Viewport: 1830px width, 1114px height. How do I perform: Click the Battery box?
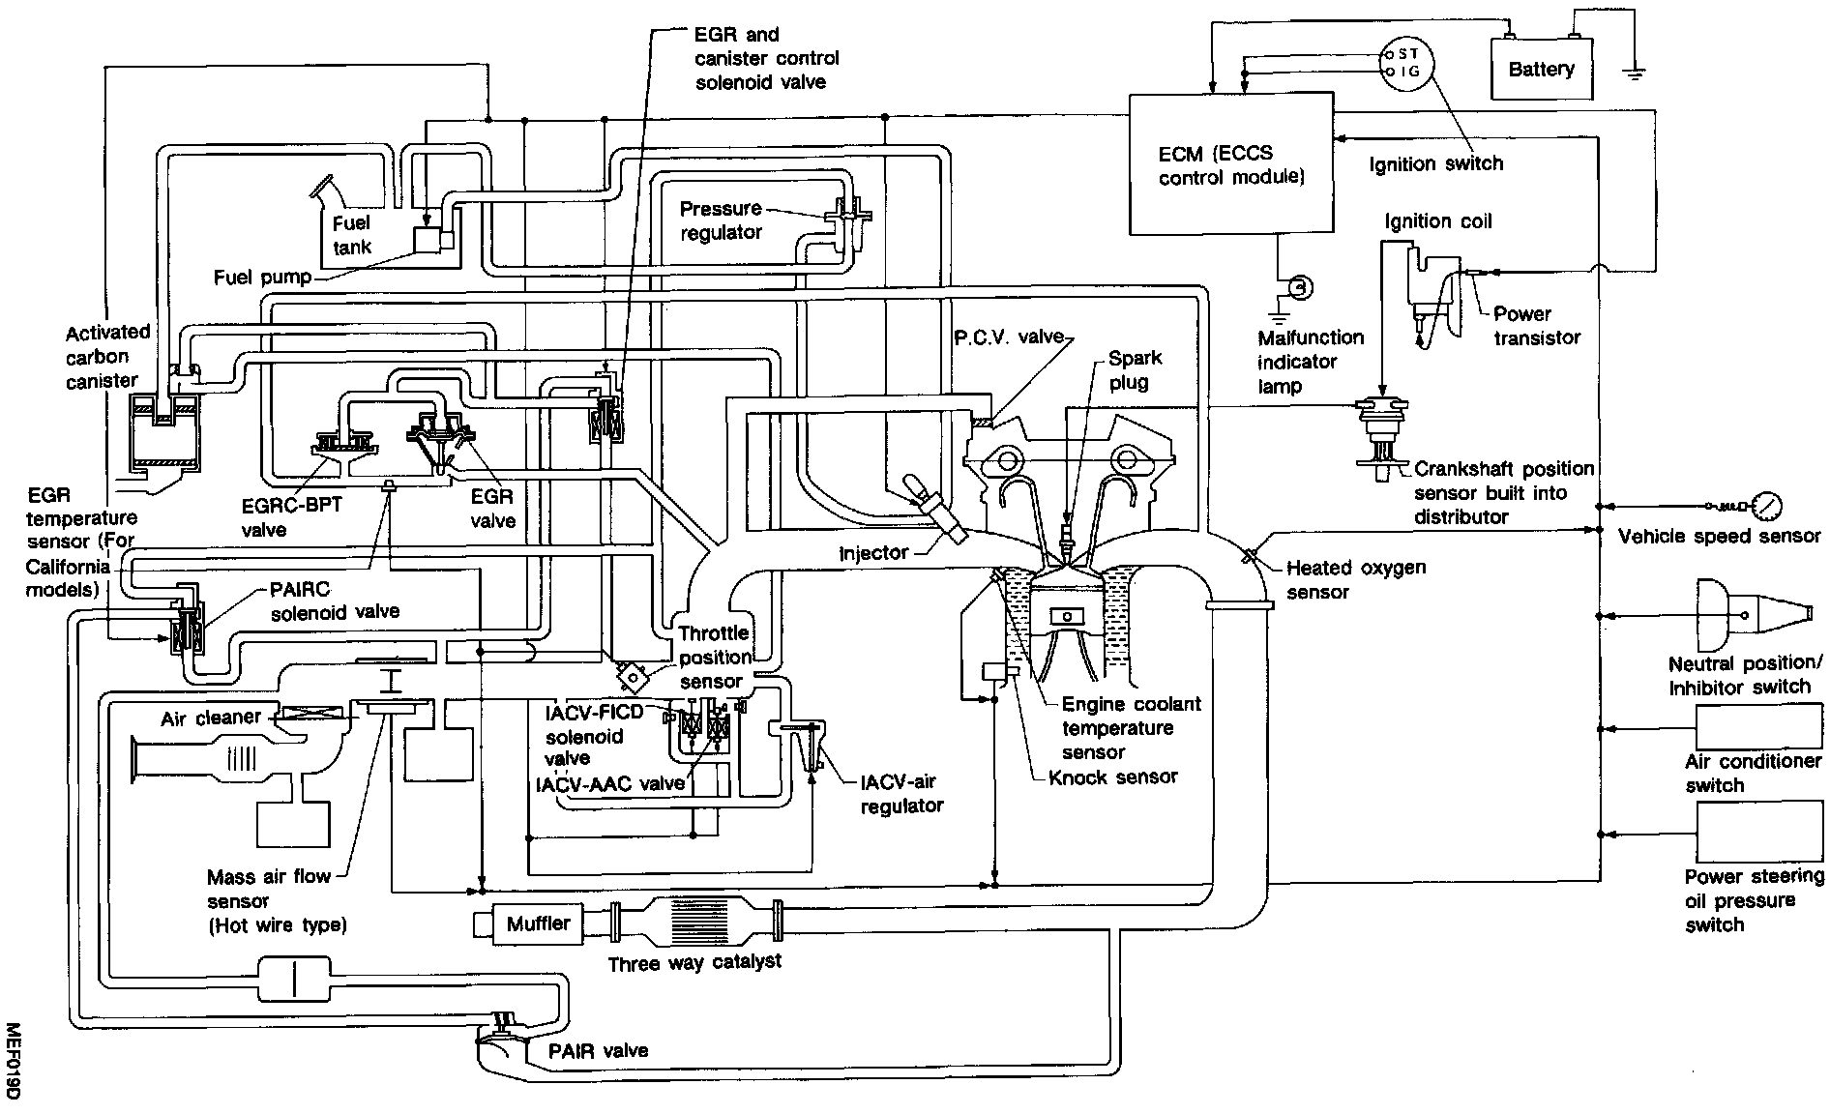[1541, 69]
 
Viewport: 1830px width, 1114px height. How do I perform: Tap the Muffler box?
[538, 923]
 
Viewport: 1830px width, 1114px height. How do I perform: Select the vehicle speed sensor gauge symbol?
[1766, 505]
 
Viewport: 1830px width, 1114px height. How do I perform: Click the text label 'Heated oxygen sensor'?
[1355, 579]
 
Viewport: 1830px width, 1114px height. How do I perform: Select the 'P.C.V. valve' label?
[1008, 337]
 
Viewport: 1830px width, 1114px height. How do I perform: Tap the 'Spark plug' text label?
[1135, 369]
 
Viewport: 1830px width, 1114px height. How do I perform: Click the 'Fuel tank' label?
[351, 235]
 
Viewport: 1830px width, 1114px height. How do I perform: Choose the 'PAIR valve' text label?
[584, 1050]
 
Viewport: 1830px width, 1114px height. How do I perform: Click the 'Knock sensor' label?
[1112, 777]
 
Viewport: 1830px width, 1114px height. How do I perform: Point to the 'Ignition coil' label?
[1438, 221]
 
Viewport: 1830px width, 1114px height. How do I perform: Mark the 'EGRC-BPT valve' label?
[291, 516]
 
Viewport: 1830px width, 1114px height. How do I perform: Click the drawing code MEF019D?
[13, 1060]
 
